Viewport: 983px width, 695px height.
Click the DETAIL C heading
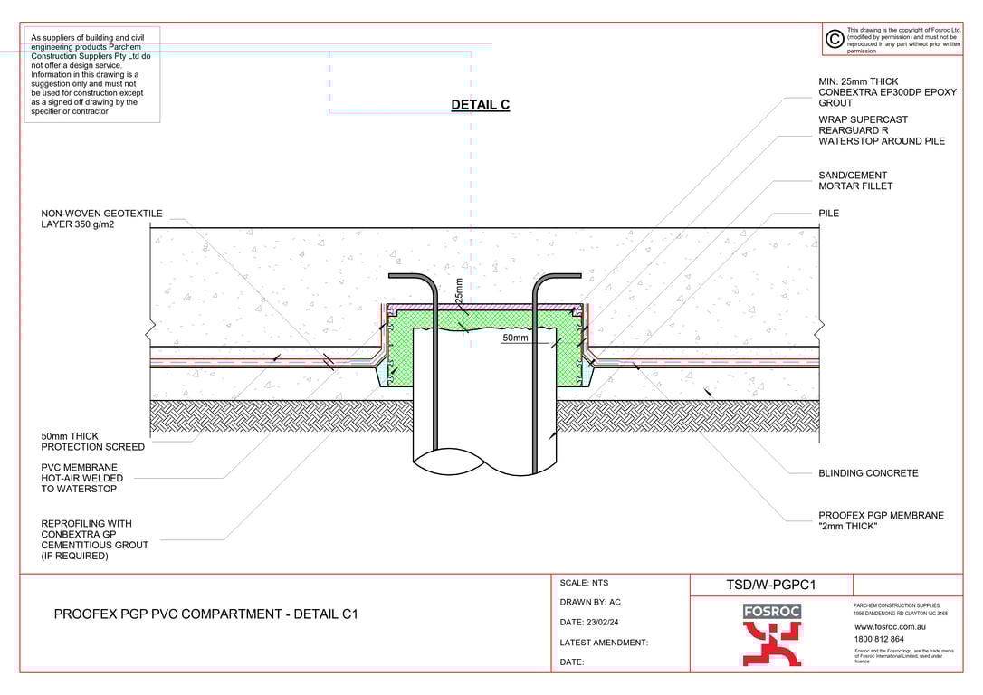point(481,105)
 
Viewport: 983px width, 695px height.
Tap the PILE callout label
point(828,213)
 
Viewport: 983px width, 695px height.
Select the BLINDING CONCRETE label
point(868,473)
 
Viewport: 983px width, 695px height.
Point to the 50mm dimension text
point(515,338)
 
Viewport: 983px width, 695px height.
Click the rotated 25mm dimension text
point(459,291)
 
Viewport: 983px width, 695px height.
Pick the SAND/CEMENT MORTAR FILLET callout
point(855,180)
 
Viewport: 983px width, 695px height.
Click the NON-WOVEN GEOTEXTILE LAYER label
point(101,219)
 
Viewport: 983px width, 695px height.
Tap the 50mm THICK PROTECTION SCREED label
point(93,442)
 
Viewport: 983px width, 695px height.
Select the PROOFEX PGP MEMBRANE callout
point(880,520)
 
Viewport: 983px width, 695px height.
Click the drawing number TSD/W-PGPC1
point(770,585)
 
